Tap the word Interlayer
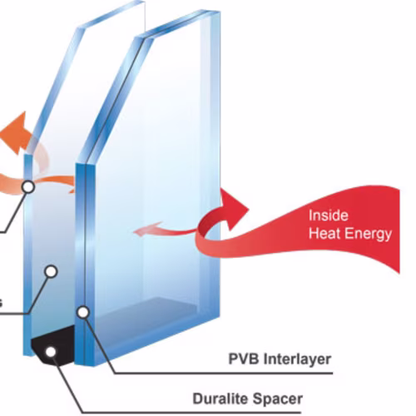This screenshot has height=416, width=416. (297, 359)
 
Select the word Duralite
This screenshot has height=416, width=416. (220, 399)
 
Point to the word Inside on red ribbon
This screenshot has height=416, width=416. (329, 215)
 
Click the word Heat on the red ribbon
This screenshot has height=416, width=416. (325, 233)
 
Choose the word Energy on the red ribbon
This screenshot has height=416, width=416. (369, 235)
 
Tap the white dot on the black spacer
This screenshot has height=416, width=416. (51, 352)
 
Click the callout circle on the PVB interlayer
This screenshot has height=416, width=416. (83, 313)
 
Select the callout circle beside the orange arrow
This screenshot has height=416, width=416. (28, 187)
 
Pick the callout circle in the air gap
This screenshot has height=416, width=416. (51, 272)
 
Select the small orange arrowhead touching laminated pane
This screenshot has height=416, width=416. (72, 188)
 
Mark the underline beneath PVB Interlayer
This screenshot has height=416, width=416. (224, 373)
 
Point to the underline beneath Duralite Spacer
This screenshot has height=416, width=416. (191, 413)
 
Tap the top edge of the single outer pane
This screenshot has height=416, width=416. (111, 14)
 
